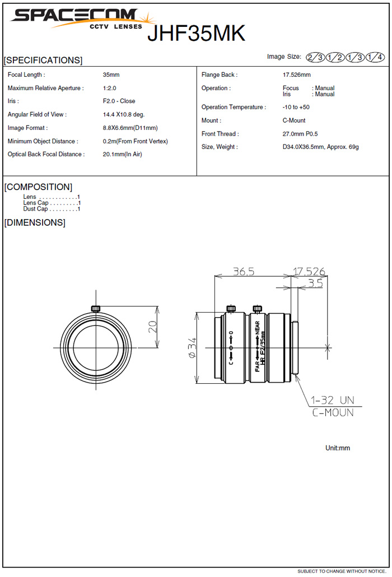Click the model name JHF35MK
196,34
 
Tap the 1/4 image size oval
375,57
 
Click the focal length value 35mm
111,75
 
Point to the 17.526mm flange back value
296,75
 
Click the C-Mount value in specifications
294,120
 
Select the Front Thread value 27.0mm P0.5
300,134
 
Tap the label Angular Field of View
37,114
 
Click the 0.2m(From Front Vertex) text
135,141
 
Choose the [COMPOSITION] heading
38,187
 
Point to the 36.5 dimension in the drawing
244,271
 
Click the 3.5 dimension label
315,283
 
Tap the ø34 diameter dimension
192,347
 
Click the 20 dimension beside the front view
152,327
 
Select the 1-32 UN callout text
333,401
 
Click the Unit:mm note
337,448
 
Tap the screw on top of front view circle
95,308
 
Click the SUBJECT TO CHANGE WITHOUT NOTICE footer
341,571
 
